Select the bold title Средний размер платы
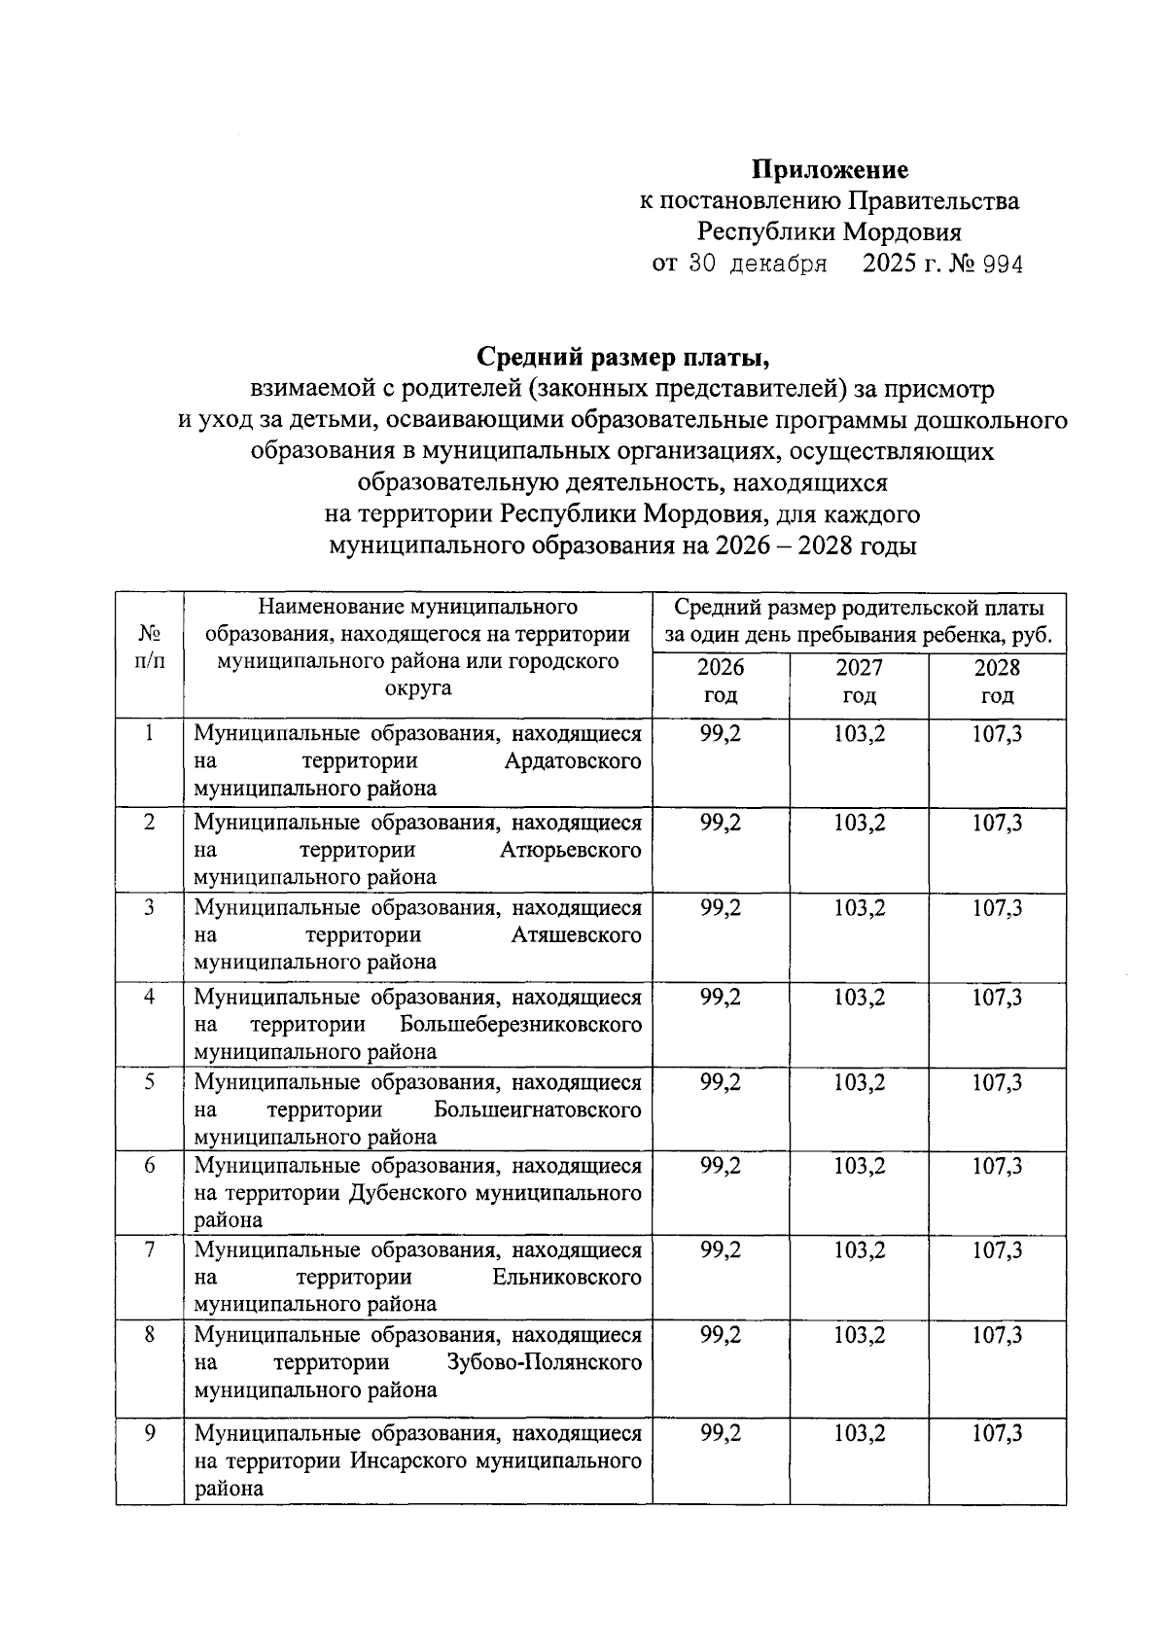[x=622, y=359]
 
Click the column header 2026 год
[x=721, y=682]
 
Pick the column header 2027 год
[x=859, y=682]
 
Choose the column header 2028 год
[x=997, y=682]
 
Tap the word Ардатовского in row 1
[x=573, y=761]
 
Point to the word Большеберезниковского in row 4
[x=520, y=1025]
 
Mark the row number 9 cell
[x=150, y=1433]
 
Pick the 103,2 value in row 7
[x=859, y=1250]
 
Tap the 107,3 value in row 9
[x=997, y=1434]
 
